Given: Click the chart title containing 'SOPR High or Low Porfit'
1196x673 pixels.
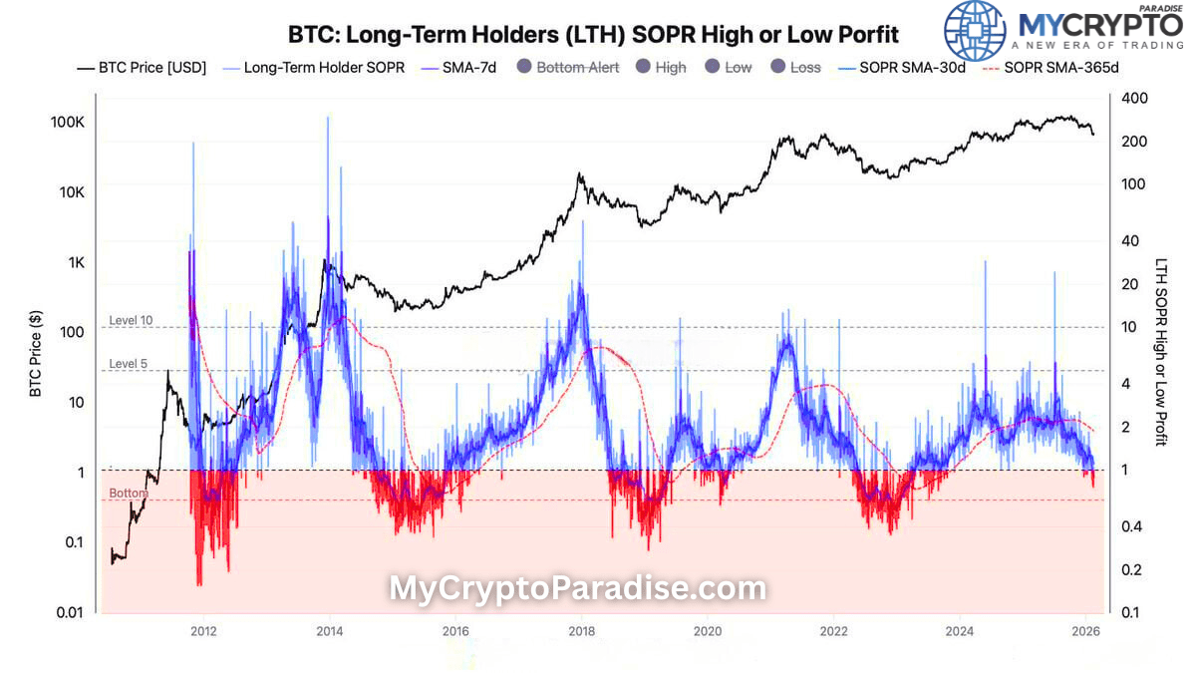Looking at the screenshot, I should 593,35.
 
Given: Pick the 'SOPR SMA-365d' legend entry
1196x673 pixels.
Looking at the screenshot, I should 1060,68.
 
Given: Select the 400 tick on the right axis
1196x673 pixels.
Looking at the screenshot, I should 1135,98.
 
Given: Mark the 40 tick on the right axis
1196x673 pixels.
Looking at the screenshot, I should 1131,240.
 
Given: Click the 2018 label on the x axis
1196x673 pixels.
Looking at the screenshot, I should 581,631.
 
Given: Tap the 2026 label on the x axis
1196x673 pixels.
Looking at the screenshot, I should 1085,631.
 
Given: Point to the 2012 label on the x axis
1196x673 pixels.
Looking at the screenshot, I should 203,631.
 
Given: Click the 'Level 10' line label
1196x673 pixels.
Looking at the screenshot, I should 131,320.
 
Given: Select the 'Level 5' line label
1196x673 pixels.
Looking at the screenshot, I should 128,364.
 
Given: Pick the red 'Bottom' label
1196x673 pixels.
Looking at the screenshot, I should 129,494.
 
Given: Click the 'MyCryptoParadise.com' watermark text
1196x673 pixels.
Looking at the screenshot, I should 577,588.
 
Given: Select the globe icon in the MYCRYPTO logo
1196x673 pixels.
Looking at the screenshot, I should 975,31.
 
